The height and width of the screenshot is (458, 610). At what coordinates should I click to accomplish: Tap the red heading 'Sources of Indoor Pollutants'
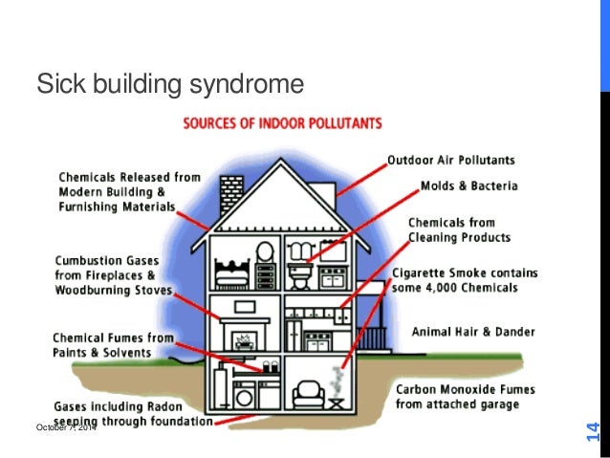(x=283, y=122)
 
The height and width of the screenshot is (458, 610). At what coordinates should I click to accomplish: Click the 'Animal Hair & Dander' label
(x=472, y=332)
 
